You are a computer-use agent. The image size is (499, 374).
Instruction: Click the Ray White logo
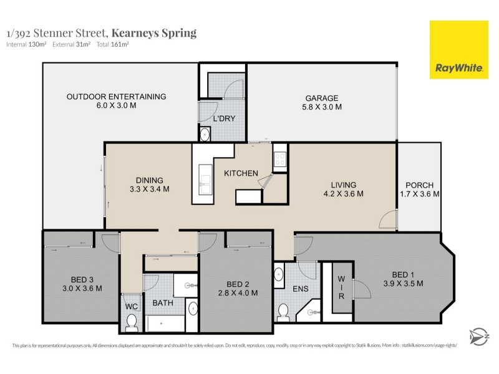click(x=458, y=50)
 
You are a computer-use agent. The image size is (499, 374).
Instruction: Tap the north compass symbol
click(x=479, y=337)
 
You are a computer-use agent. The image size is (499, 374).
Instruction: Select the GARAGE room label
click(x=322, y=98)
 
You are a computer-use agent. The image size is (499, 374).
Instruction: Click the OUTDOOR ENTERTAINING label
click(x=116, y=97)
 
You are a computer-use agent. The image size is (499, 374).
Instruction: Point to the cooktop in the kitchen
click(x=280, y=159)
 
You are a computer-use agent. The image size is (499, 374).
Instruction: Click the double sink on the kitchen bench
click(x=205, y=180)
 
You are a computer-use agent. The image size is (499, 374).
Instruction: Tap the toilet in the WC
click(x=131, y=322)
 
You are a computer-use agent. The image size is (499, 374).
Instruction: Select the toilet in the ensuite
click(x=283, y=312)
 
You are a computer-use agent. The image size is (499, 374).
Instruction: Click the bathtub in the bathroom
click(x=165, y=324)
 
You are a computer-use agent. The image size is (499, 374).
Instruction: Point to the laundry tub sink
click(x=205, y=134)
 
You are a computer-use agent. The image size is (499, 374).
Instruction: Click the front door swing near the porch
click(x=388, y=219)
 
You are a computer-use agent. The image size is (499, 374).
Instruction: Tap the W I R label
click(x=341, y=288)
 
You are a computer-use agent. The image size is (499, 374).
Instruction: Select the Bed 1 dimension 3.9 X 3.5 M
click(x=403, y=284)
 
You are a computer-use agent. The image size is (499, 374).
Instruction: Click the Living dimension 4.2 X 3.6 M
click(x=344, y=194)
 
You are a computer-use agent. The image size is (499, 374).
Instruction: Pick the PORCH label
click(x=419, y=185)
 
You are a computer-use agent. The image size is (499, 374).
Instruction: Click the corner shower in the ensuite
click(x=309, y=311)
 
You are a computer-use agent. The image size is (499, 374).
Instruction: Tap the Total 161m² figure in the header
click(x=113, y=44)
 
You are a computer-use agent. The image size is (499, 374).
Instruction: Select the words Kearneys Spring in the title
click(x=154, y=33)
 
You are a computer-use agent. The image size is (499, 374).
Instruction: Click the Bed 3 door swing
click(x=110, y=243)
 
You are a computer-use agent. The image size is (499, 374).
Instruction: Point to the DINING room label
click(x=149, y=180)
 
